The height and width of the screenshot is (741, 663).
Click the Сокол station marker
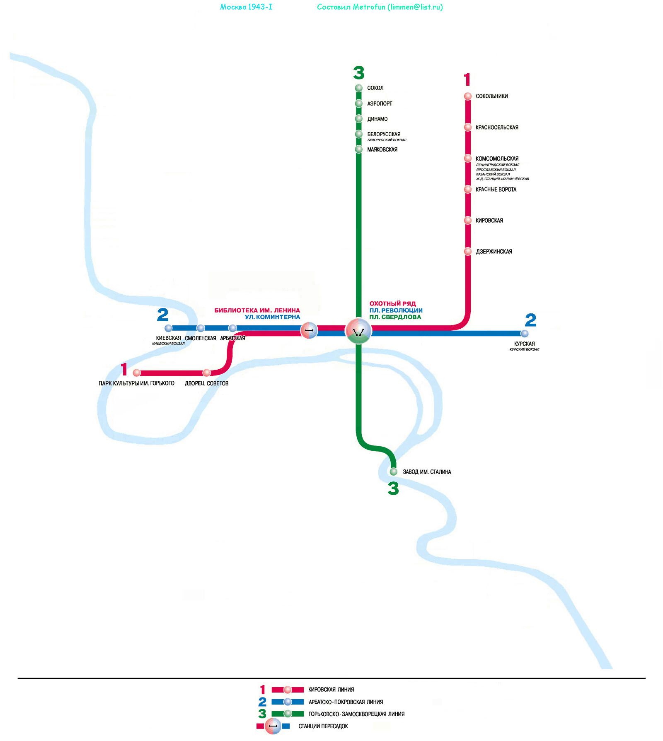point(359,88)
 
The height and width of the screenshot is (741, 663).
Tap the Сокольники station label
point(491,96)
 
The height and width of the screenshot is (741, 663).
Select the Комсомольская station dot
point(468,158)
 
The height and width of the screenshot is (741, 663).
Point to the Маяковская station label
point(382,149)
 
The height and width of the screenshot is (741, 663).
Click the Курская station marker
point(525,333)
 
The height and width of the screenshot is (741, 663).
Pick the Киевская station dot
point(168,328)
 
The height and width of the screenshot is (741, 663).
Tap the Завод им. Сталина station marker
point(394,472)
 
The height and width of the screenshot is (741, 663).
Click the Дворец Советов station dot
point(206,373)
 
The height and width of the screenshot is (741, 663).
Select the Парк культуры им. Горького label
point(136,383)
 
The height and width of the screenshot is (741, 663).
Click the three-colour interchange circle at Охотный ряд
point(358,331)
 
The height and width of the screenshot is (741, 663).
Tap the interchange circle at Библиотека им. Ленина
point(309,330)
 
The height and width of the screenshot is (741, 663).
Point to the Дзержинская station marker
point(468,251)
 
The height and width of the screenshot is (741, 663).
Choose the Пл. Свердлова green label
point(395,317)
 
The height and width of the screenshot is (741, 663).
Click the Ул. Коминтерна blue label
point(272,317)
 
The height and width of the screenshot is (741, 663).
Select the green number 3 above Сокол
point(359,73)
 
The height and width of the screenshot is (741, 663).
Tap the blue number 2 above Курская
point(530,320)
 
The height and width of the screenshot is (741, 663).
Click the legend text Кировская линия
point(331,690)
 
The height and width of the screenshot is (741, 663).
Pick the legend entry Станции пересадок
point(323,726)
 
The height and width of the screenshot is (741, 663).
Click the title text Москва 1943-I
point(246,7)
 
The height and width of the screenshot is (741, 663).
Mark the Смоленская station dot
point(201,328)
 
